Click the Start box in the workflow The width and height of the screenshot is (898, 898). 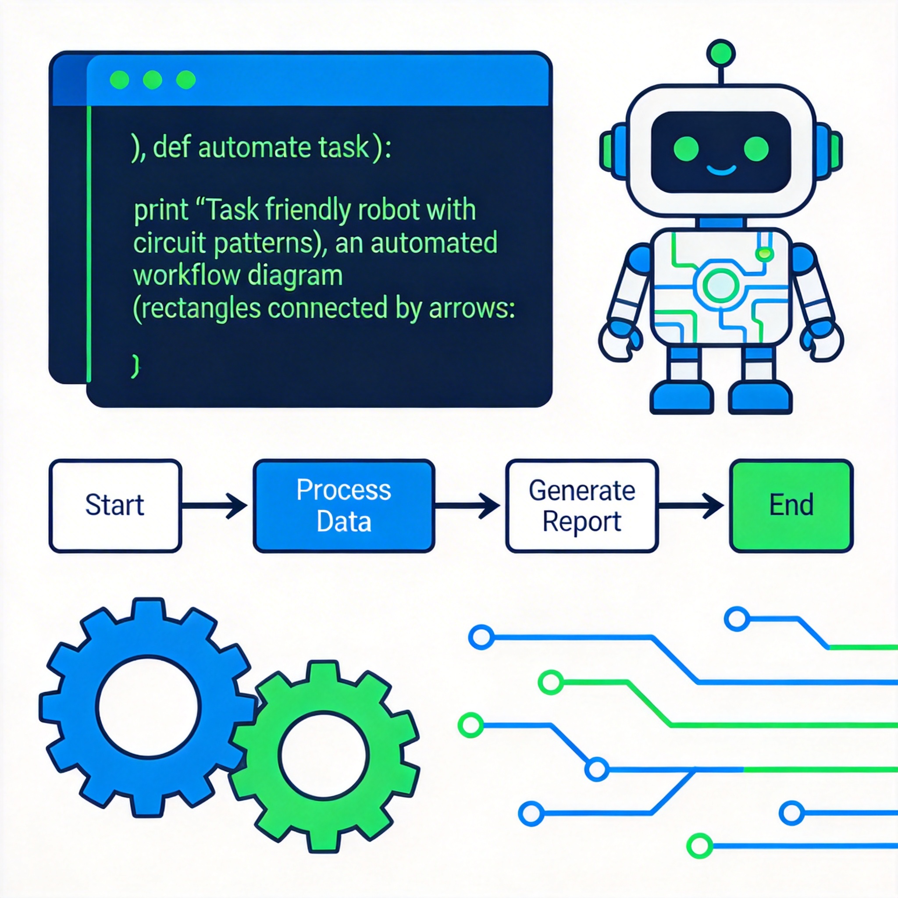point(115,506)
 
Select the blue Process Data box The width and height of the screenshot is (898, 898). point(344,506)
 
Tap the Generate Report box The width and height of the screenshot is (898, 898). point(581,506)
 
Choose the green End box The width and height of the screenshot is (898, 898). point(791,506)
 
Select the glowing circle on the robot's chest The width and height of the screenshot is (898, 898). point(720,285)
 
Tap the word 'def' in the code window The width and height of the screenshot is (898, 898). point(172,147)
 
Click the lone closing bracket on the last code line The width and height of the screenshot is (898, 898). point(135,366)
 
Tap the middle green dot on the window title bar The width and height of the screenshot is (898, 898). point(153,80)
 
